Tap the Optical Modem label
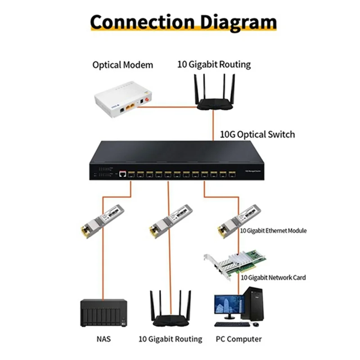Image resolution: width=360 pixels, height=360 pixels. [122, 65]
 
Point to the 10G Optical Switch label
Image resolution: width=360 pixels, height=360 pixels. [257, 134]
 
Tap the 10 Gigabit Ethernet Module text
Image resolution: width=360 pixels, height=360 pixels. [273, 230]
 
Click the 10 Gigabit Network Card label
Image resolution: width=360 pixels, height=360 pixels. [273, 278]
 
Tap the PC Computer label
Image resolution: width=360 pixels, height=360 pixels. [238, 339]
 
